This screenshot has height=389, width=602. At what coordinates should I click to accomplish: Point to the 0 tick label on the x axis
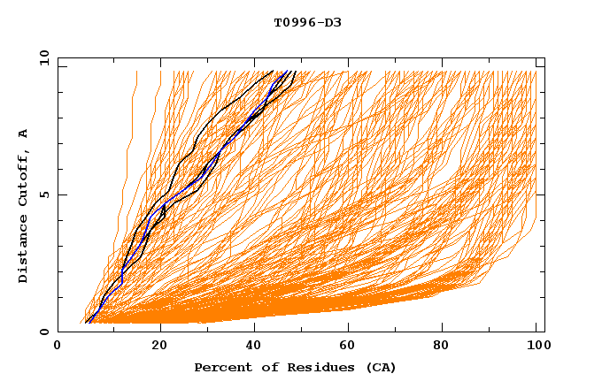coord(58,347)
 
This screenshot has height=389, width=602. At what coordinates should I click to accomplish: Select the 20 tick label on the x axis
coord(159,347)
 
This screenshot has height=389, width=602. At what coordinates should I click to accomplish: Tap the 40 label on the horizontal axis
coord(255,347)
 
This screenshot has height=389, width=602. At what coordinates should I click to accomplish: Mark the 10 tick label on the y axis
coord(43,57)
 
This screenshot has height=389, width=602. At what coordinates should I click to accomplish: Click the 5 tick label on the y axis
coord(43,194)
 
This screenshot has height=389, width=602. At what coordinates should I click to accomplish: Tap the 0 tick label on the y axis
coord(43,332)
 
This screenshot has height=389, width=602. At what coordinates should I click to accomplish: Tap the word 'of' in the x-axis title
coord(262,367)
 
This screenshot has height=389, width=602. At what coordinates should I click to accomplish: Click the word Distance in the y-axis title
coord(23,251)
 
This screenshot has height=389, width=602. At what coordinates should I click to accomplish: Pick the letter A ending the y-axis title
coord(23,133)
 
